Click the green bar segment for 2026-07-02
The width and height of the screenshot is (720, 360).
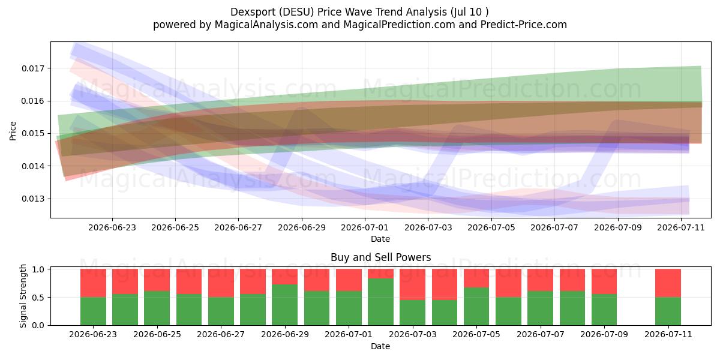coord(380,302)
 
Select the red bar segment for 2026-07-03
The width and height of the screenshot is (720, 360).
coord(412,284)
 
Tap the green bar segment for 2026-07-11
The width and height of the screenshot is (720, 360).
coord(668,311)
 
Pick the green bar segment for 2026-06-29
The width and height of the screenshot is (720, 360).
coord(317,308)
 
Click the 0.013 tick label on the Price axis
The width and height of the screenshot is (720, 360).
coord(33,199)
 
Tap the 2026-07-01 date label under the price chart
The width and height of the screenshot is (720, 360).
coord(365,227)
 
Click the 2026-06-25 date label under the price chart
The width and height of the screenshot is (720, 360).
coord(175,227)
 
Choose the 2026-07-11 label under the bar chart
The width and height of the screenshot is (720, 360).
coord(668,334)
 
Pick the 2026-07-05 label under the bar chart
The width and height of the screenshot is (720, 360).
coord(476,334)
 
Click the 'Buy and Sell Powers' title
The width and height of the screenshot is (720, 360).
coord(380,257)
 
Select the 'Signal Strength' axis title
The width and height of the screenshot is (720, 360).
coord(23,296)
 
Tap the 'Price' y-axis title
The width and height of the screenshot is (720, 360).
coord(13,131)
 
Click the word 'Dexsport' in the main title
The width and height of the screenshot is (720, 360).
coord(253,12)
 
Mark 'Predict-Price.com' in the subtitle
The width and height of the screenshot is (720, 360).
coord(524,25)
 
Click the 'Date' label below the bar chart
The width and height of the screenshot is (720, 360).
coord(380,346)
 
